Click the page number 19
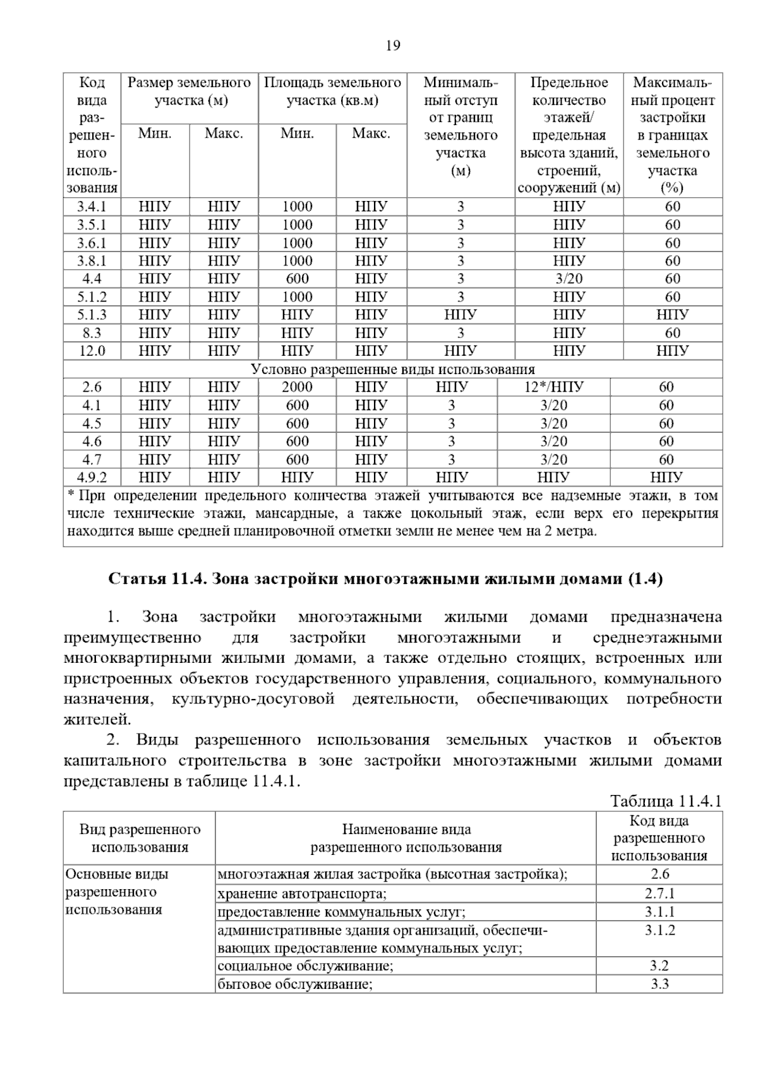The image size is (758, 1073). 392,45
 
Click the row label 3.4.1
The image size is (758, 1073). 92,207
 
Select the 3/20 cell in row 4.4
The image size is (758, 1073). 568,279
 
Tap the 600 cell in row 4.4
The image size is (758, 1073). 297,279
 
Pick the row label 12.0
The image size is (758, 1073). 92,351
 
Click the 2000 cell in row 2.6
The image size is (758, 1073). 297,387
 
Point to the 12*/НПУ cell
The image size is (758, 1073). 553,387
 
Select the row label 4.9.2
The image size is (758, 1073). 92,478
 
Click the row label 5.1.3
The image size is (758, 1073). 92,315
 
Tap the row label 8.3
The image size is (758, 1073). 92,333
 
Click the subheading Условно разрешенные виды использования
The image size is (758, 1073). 392,370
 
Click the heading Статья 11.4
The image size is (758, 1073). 385,579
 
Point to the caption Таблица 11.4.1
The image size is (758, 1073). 666,802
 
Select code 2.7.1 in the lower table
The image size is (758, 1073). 659,894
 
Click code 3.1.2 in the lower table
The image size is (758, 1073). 659,930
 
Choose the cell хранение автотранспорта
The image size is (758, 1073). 302,894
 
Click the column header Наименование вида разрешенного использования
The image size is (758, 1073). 406,839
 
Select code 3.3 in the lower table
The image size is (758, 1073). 659,984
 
